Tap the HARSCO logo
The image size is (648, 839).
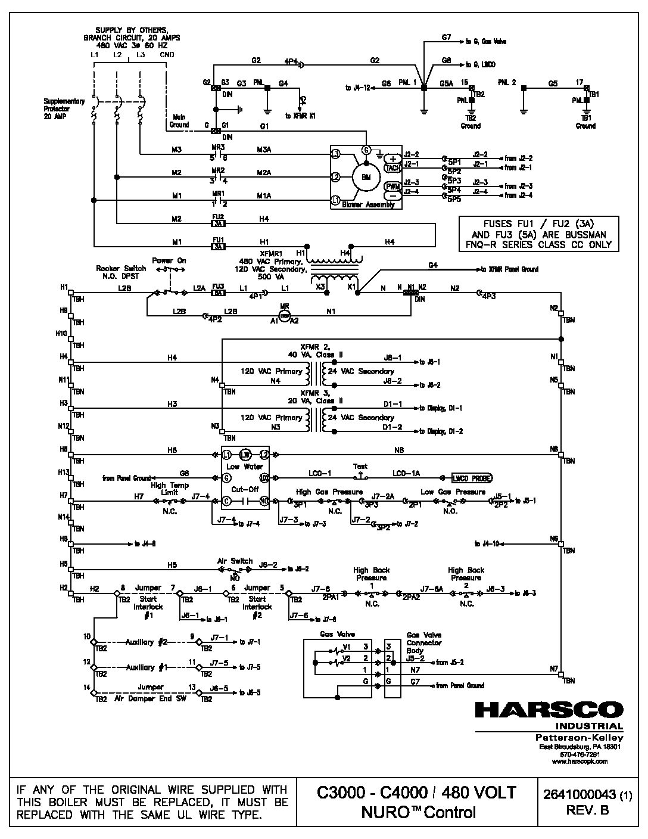click(549, 710)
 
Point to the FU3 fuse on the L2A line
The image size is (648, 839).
click(219, 293)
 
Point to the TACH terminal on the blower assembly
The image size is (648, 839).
click(393, 168)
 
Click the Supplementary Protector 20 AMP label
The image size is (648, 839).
click(64, 109)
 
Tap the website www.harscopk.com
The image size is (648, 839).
click(580, 761)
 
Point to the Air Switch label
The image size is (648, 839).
click(235, 561)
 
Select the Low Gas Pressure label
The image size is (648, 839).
click(453, 492)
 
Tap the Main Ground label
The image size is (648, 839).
click(180, 121)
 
